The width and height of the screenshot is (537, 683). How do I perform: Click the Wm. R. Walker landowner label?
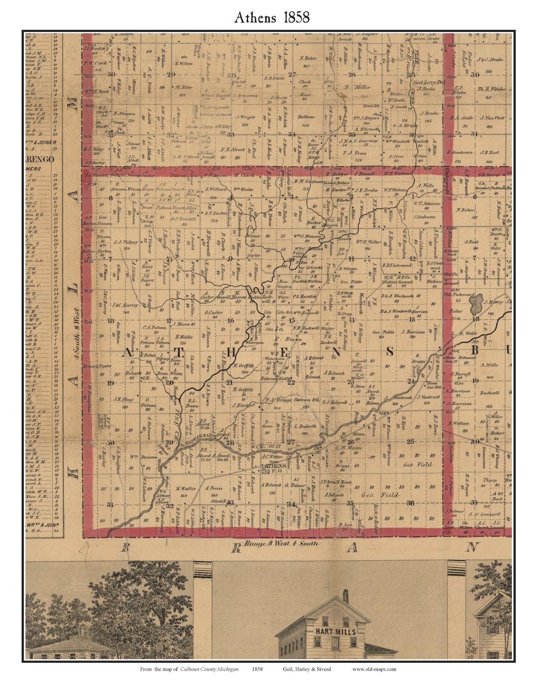[368, 242]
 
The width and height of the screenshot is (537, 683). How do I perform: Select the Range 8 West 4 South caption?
[283, 543]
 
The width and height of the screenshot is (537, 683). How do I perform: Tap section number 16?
[230, 320]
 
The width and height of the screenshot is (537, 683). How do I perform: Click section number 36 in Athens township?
[411, 503]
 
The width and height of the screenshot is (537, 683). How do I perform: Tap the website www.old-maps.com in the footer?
[374, 669]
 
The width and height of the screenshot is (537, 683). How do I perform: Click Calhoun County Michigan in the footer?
[209, 669]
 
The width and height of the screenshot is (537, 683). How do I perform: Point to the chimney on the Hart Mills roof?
[346, 595]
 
